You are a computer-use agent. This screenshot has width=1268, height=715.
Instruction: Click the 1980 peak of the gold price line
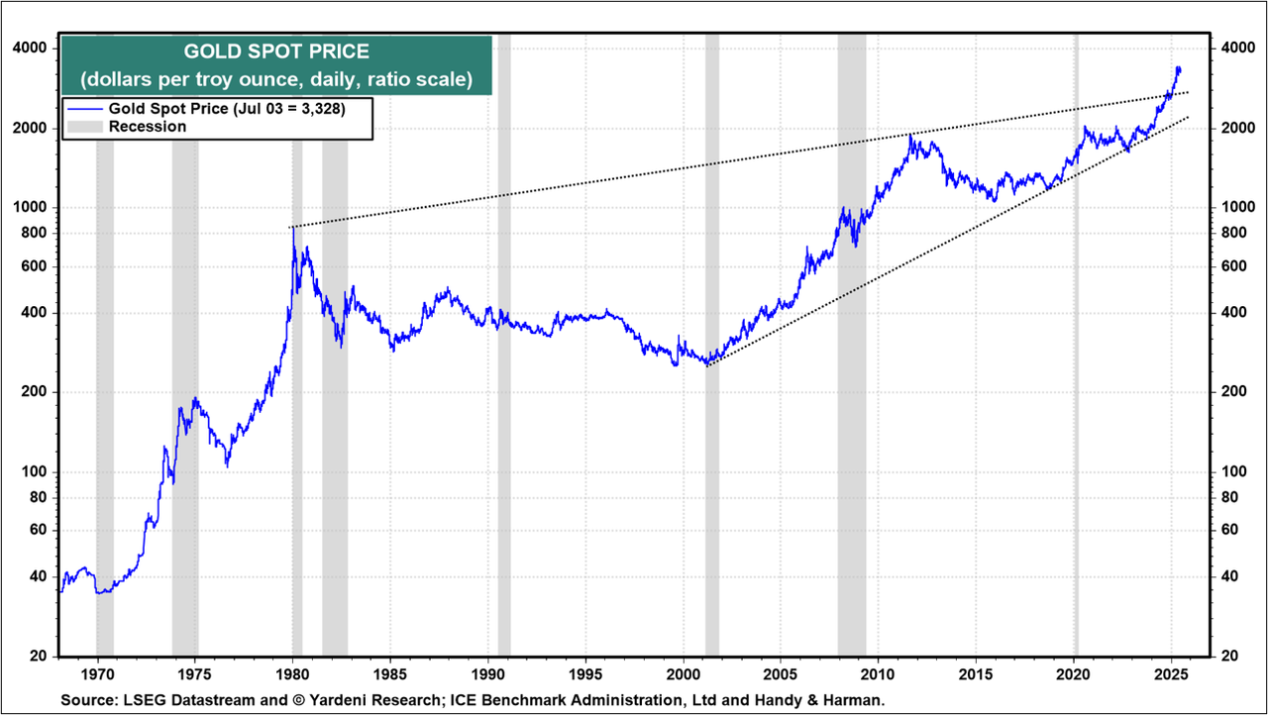click(293, 229)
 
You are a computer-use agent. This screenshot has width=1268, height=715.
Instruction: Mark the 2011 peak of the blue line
click(910, 136)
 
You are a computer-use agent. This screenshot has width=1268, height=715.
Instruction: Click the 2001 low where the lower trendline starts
click(707, 364)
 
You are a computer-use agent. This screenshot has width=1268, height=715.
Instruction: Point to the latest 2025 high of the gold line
click(1178, 67)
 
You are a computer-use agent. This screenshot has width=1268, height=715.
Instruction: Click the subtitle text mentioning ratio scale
click(276, 78)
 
